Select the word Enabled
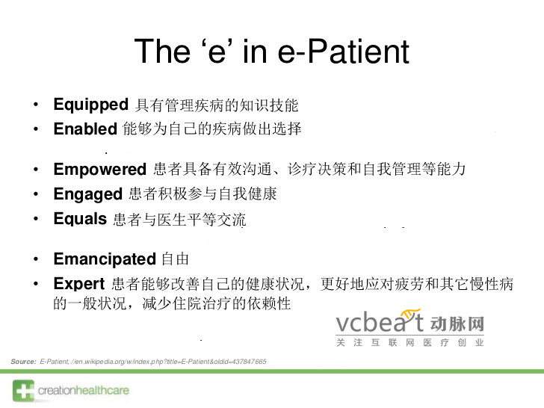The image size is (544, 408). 85,129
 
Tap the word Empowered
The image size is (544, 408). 99,170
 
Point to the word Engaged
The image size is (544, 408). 87,194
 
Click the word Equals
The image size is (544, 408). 80,219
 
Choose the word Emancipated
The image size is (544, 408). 104,259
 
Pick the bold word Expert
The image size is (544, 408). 78,284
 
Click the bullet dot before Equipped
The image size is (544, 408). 36,105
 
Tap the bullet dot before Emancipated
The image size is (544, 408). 36,259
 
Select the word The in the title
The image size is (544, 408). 161,52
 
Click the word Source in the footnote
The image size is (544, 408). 22,362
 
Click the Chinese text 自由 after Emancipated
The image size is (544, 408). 175,259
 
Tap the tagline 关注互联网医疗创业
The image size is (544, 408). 409,342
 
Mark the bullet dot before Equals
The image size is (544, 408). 36,219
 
